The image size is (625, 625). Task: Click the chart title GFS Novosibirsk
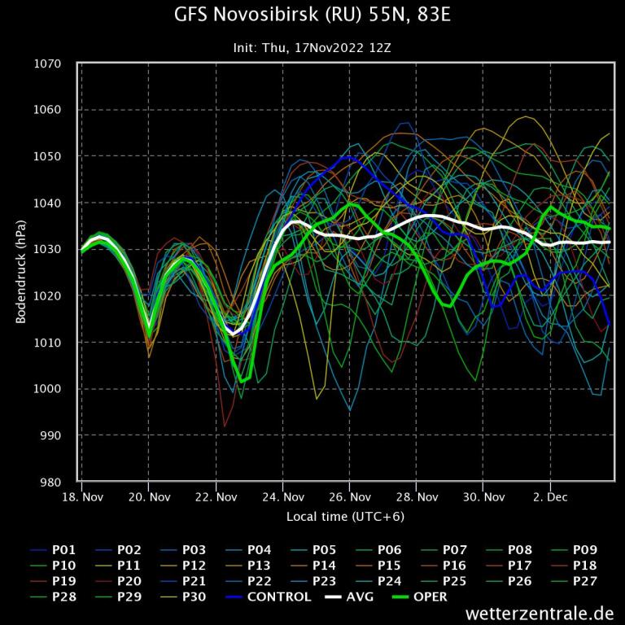point(312,15)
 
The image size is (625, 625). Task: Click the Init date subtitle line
point(312,48)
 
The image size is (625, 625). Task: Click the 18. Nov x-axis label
point(82,496)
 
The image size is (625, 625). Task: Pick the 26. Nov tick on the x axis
point(349,496)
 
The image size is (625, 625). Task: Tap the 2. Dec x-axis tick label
point(549,496)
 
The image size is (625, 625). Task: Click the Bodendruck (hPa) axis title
point(21,273)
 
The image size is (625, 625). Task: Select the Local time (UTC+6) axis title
point(345,517)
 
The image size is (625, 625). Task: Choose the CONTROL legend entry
point(269,597)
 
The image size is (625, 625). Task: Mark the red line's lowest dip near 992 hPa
point(225,426)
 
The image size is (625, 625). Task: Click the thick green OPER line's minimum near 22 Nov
point(242,381)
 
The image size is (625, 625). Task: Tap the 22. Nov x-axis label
point(216,496)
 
